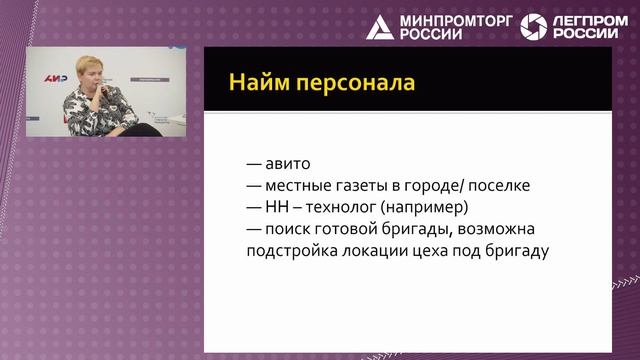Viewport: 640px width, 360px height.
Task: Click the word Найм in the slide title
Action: pos(259,82)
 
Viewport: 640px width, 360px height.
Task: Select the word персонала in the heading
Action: pos(356,84)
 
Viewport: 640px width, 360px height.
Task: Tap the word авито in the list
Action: pos(288,164)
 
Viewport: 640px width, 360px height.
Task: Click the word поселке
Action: pos(499,186)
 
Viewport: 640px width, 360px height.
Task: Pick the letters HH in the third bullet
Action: pos(276,207)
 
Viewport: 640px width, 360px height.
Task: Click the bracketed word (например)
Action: pos(424,207)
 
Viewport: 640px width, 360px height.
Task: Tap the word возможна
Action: pos(496,229)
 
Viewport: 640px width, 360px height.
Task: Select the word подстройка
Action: pos(292,251)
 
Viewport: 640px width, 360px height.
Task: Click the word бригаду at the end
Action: pos(517,251)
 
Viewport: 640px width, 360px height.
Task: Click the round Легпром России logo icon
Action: pos(533,27)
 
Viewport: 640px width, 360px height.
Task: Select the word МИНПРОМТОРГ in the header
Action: pos(456,21)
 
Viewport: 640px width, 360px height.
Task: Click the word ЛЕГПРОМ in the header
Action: pos(590,21)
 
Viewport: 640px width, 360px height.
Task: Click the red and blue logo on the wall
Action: pos(56,78)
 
